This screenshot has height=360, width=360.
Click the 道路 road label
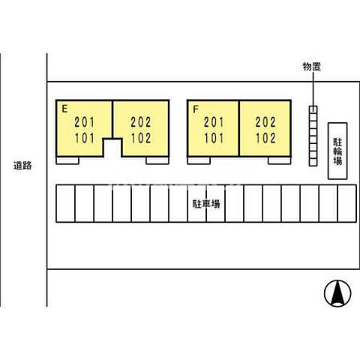point(22,166)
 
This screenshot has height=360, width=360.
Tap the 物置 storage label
point(312,67)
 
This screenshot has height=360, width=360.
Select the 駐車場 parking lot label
point(206,204)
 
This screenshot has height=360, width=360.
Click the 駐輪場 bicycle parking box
point(337,151)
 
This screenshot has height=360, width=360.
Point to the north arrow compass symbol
point(337,293)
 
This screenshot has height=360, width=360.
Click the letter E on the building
point(64,109)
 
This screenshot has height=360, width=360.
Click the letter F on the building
point(196,109)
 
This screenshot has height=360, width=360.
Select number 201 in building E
point(85,122)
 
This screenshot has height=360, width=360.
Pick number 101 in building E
point(85,138)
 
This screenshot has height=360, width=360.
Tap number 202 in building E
point(141,122)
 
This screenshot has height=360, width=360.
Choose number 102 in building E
point(141,138)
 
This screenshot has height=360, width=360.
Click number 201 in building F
point(214,122)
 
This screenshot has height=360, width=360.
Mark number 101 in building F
point(214,138)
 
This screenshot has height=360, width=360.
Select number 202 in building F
point(265,122)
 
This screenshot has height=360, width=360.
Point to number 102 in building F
point(265,138)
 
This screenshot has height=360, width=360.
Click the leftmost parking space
point(65,203)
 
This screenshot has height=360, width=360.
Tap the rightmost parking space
point(347,203)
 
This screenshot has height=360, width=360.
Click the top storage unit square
point(313,109)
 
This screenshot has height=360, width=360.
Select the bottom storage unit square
point(313,162)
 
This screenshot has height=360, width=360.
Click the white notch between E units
point(112,148)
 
